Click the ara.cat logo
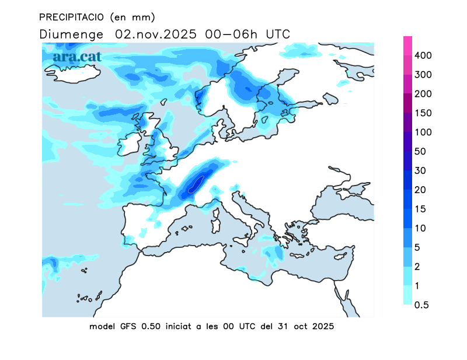(x=78, y=57)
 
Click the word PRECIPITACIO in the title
(x=71, y=16)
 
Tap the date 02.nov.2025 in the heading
(x=155, y=34)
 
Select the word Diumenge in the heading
(x=72, y=34)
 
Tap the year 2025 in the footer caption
(x=322, y=327)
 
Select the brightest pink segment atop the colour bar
(x=407, y=46)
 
